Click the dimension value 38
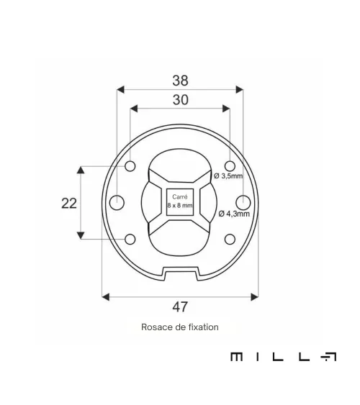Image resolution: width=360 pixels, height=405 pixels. click(180, 81)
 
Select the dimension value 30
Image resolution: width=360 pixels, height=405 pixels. click(181, 100)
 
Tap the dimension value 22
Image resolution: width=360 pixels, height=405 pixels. click(69, 204)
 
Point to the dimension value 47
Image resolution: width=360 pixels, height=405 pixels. click(180, 307)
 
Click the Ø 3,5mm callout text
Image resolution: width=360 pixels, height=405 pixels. click(228, 176)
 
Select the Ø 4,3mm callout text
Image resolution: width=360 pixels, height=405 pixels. click(234, 214)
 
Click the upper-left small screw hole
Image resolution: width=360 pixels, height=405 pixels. click(130, 166)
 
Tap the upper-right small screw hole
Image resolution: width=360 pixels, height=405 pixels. click(230, 166)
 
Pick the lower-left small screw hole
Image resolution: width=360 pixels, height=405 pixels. click(130, 239)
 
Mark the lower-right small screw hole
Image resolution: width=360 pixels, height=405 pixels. click(230, 239)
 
